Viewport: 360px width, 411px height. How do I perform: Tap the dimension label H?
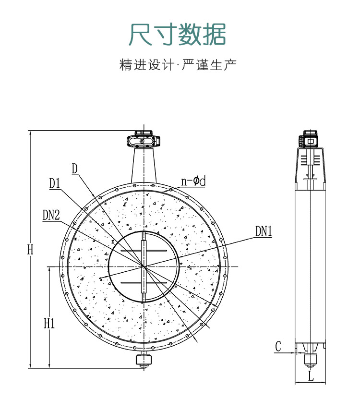(30, 249)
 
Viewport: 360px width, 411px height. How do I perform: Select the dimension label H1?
(49, 323)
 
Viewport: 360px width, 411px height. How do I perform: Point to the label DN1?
(264, 232)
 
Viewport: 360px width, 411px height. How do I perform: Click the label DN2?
(51, 216)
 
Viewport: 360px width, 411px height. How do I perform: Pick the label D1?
(54, 183)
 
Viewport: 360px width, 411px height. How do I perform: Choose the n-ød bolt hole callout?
(193, 181)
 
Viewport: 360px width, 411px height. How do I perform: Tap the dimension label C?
(278, 346)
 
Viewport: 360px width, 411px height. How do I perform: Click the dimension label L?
(311, 376)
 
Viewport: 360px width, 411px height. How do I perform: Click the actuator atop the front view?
(143, 141)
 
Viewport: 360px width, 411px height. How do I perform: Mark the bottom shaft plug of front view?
(143, 361)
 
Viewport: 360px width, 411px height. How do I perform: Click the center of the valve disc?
(144, 266)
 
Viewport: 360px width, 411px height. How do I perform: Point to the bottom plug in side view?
(311, 359)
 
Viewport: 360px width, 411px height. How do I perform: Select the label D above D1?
(75, 169)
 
